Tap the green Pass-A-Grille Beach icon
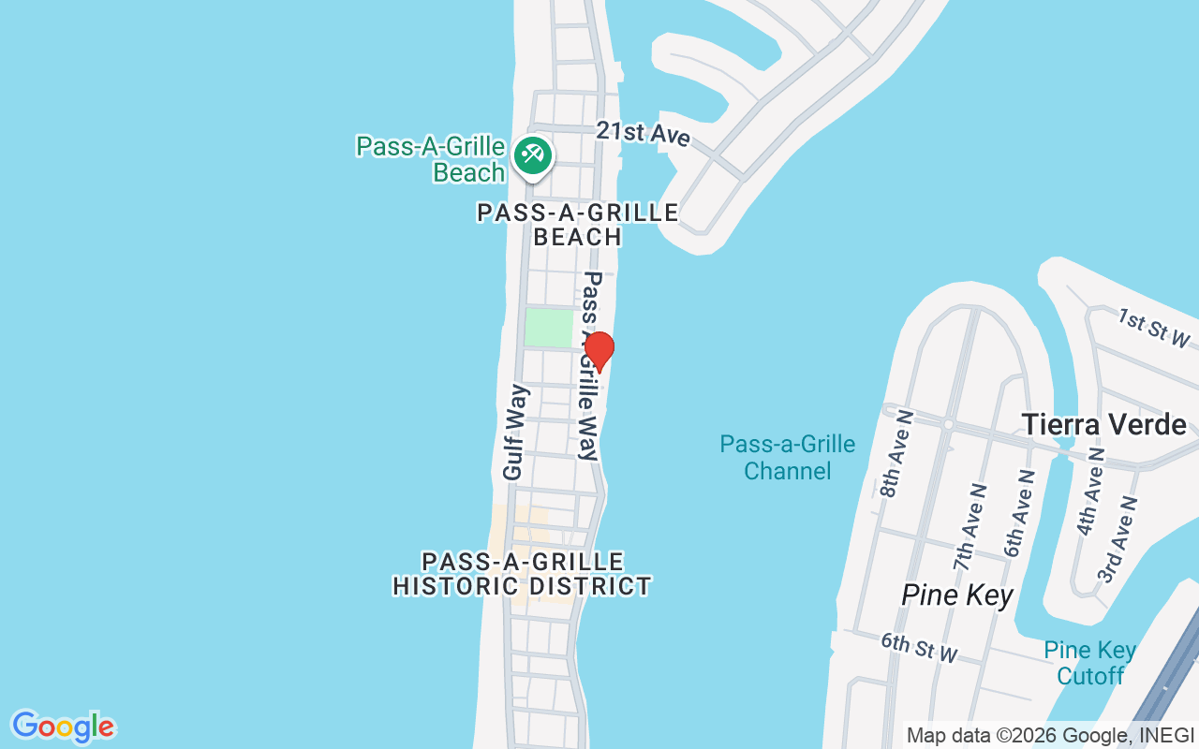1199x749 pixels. pos(534,154)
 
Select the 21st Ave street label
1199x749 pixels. pos(643,134)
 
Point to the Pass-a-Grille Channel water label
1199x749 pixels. pos(787,457)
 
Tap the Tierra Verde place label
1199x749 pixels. pos(1103,424)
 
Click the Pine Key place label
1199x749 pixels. pos(957,595)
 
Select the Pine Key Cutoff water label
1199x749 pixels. pos(1090,663)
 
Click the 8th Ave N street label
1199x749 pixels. pos(896,453)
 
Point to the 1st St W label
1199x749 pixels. pos(1152,329)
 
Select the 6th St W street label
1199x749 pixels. pos(919,647)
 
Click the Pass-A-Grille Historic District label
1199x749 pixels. pos(522,574)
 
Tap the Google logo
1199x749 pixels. pos(63,727)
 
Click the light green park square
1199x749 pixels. pos(548,328)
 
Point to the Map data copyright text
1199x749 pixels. pos(1049,735)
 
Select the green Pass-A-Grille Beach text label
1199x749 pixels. pos(431,159)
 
